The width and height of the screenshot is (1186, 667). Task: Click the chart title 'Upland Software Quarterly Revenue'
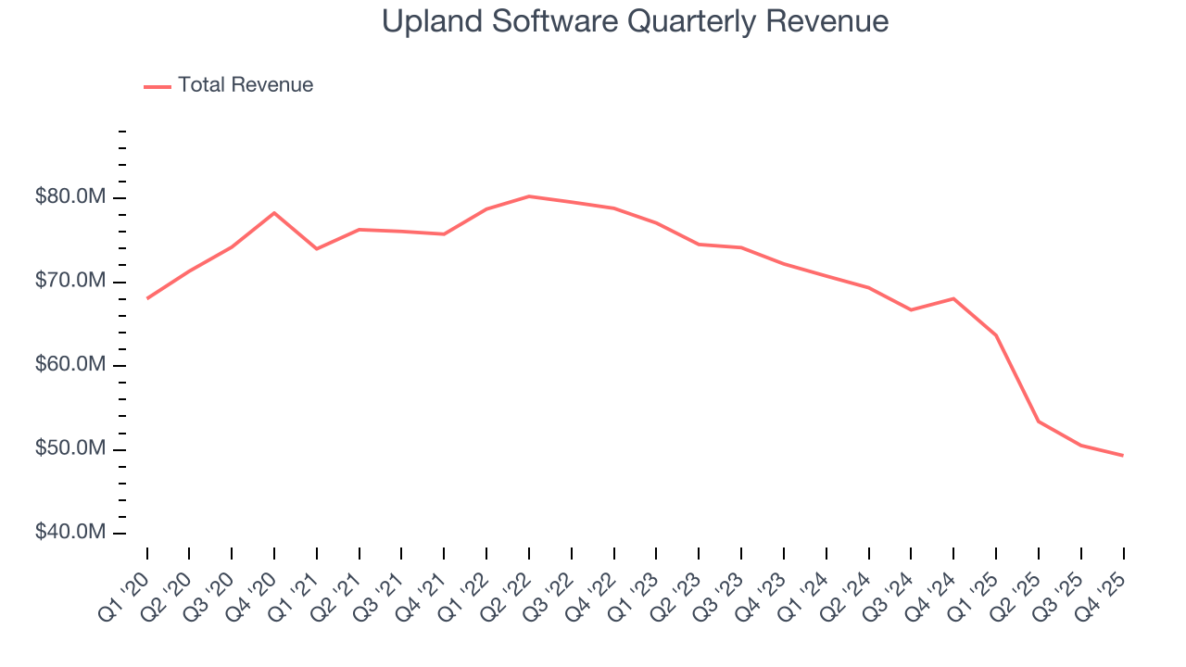[x=635, y=22]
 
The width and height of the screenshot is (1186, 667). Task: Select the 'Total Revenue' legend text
[x=246, y=85]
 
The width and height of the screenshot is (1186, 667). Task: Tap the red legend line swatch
[x=158, y=86]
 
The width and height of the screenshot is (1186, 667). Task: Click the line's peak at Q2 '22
[x=529, y=196]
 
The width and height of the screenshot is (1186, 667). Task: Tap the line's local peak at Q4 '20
[x=274, y=213]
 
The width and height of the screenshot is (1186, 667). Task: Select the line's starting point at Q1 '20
[x=147, y=298]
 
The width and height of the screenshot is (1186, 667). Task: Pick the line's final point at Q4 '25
[x=1123, y=455]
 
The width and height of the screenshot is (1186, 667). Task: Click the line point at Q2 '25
[x=1039, y=422]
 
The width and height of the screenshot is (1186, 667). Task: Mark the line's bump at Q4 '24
[x=953, y=298]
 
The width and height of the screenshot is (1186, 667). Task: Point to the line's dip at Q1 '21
[x=317, y=248]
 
